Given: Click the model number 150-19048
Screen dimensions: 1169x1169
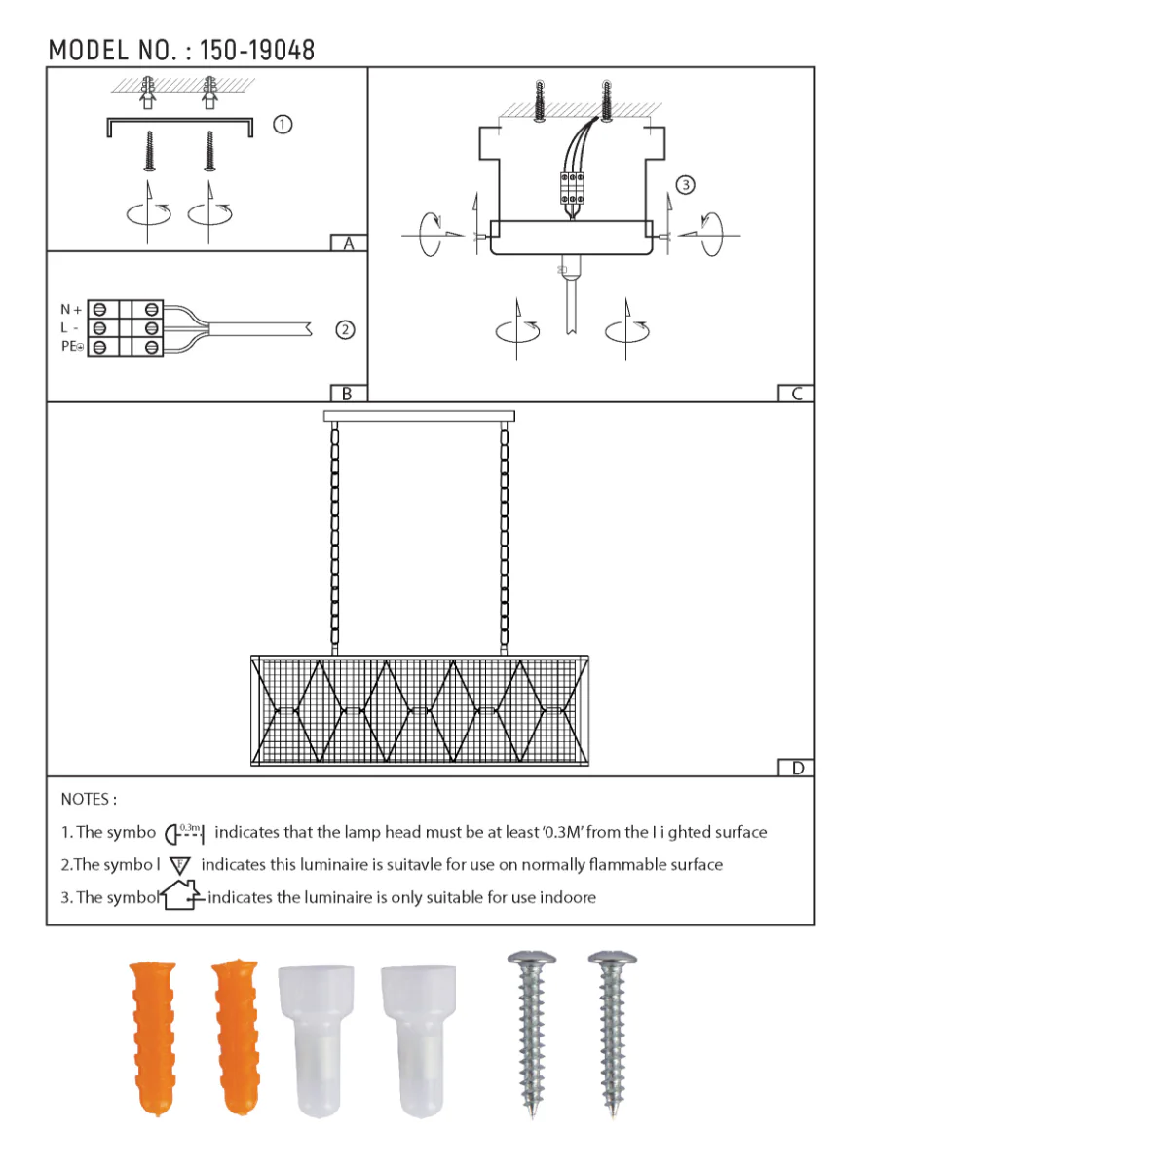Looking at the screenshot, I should pyautogui.click(x=257, y=51).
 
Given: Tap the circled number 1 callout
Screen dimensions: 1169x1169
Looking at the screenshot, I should pyautogui.click(x=283, y=125).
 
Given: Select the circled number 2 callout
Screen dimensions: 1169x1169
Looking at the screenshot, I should pyautogui.click(x=345, y=330).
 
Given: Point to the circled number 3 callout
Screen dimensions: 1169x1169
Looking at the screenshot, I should pyautogui.click(x=685, y=185).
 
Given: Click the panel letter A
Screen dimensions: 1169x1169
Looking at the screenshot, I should pyautogui.click(x=349, y=244).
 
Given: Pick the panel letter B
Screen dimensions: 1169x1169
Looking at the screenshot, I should pyautogui.click(x=347, y=394).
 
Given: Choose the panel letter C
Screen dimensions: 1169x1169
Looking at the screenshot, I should pyautogui.click(x=797, y=394).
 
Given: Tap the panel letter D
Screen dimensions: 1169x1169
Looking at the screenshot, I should pyautogui.click(x=797, y=768).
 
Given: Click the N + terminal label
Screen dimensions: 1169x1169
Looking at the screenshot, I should pyautogui.click(x=71, y=310).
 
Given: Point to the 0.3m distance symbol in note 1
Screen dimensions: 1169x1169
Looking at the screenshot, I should pyautogui.click(x=184, y=833).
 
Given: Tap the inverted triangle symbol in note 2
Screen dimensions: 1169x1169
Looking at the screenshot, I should pyautogui.click(x=180, y=865).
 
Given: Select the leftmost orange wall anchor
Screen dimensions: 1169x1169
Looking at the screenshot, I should pyautogui.click(x=153, y=1037).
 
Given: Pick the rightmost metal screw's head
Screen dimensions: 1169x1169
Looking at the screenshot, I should pyautogui.click(x=613, y=960).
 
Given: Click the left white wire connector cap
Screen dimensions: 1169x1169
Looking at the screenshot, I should pyautogui.click(x=316, y=1038).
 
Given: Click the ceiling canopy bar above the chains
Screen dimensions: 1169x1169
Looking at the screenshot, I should pyautogui.click(x=419, y=416).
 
